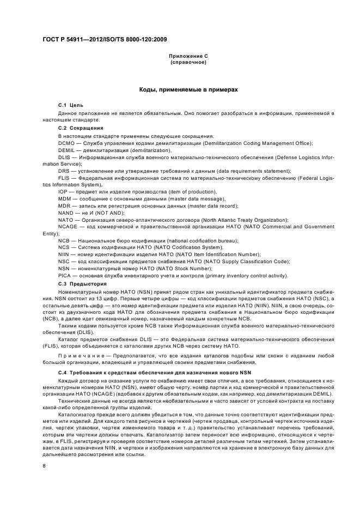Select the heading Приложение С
click(188, 56)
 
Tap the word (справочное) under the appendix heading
click(188, 62)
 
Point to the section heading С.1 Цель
click(70, 104)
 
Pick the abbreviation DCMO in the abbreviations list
click(66, 143)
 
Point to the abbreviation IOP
click(63, 192)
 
